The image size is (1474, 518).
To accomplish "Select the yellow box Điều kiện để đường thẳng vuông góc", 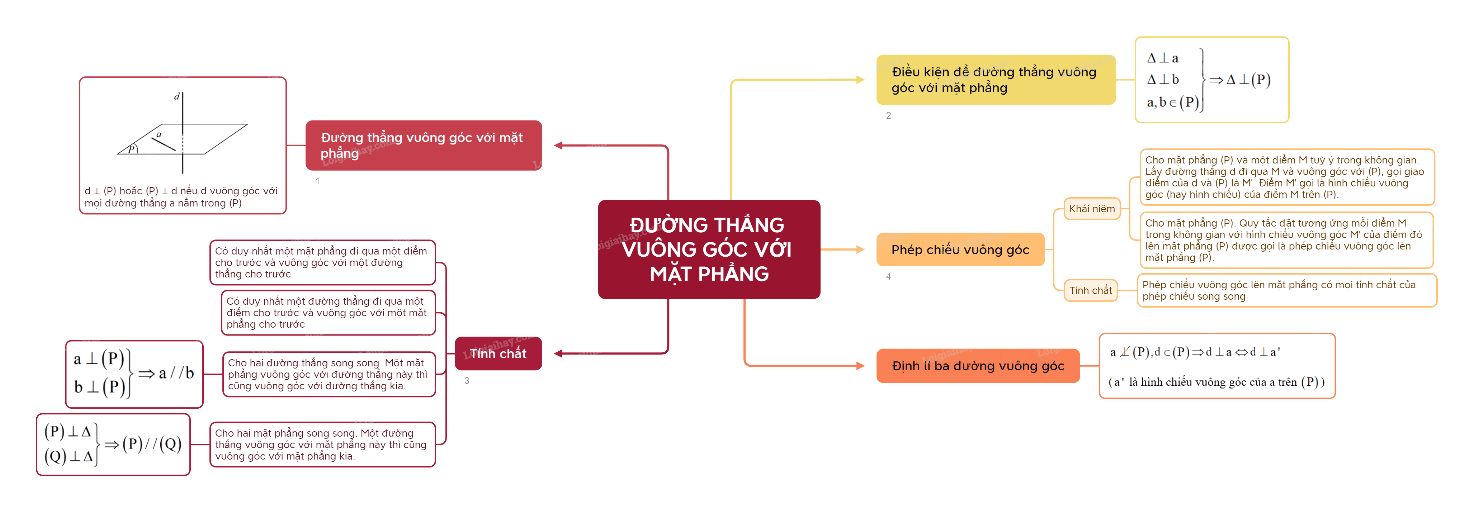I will click(x=995, y=80).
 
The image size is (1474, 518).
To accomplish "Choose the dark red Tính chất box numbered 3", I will click(x=498, y=353).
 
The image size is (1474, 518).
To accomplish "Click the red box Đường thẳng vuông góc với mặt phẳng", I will click(x=424, y=145).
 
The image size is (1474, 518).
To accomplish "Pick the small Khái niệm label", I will click(x=1091, y=209).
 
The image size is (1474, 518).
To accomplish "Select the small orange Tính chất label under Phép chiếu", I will click(x=1090, y=290).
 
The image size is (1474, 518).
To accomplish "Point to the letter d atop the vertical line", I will click(x=177, y=97).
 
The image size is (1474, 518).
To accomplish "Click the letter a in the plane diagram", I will click(x=159, y=134).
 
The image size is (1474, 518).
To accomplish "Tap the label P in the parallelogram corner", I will click(x=132, y=149).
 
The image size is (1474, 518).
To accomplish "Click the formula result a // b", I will click(x=176, y=373).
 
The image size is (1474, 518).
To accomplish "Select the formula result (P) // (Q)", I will click(x=152, y=444).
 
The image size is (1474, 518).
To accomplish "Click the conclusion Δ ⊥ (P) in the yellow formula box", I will click(x=1248, y=80).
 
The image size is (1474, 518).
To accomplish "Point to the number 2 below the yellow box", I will click(x=888, y=115).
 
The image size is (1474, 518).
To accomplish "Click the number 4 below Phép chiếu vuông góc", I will click(x=888, y=277).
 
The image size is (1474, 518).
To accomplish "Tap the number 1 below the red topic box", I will click(x=318, y=181).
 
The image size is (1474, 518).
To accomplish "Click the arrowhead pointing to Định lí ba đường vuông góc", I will click(x=860, y=366).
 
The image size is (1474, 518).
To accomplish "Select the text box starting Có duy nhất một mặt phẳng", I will click(x=322, y=262).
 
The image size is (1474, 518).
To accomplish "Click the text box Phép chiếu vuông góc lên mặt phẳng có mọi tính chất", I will click(x=1286, y=290).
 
